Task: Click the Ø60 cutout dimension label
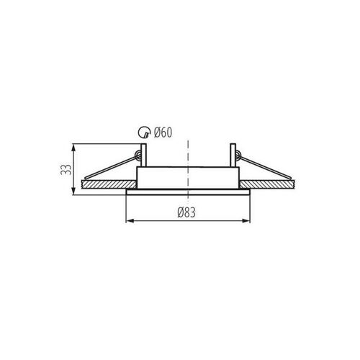point(163,132)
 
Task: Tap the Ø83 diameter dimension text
point(186,212)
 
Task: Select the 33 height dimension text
point(66,169)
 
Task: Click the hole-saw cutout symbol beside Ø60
point(143,132)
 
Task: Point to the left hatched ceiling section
point(109,184)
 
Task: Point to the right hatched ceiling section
point(267,184)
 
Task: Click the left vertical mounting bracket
point(143,155)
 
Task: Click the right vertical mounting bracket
point(233,155)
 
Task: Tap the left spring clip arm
point(110,167)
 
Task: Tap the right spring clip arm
point(265,167)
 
